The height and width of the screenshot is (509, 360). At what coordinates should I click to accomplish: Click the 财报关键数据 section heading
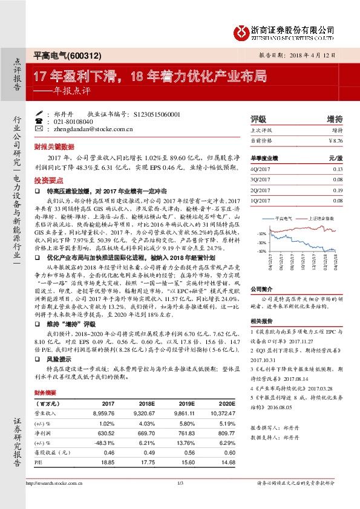click(54, 146)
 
